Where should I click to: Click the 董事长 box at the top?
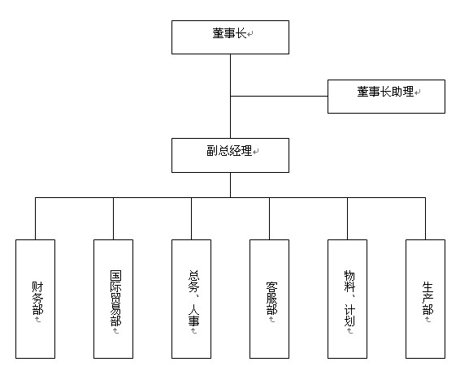pos(230,37)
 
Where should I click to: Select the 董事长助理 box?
pos(386,97)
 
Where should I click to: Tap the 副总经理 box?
pos(230,156)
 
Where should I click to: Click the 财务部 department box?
pos(35,299)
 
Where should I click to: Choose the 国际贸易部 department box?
pos(113,299)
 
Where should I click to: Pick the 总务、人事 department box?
pos(191,299)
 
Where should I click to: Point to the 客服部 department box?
pos(269,299)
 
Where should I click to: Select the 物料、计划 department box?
pos(347,299)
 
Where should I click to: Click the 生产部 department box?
pos(425,299)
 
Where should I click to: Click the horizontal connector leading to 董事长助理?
pos(279,97)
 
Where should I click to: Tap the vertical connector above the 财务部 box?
pos(35,219)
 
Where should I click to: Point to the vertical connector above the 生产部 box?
pos(425,219)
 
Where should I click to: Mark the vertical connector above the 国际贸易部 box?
pos(113,219)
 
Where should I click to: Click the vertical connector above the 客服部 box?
pos(269,219)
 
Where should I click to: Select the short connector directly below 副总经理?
pos(230,185)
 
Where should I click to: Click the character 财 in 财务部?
pos(37,286)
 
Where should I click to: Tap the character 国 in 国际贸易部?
pos(115,276)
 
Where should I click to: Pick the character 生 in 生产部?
pos(427,286)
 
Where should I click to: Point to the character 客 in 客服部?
pos(271,286)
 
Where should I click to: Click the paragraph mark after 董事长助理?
pos(418,93)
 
